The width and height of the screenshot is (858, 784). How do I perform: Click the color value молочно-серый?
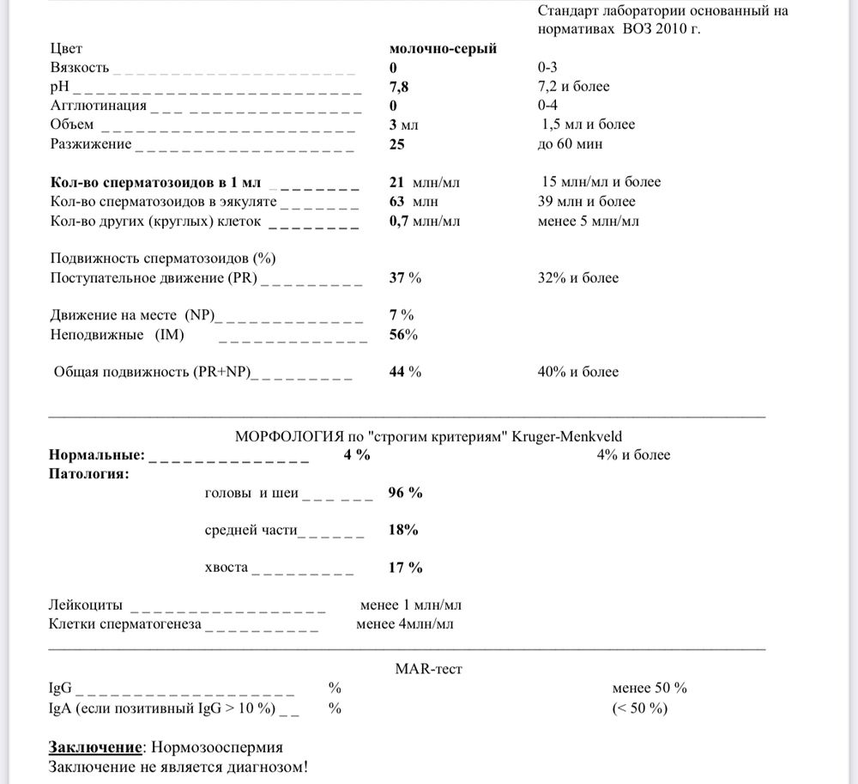point(443,49)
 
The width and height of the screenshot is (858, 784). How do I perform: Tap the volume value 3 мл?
point(404,125)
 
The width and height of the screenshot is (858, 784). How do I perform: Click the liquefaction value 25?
point(396,144)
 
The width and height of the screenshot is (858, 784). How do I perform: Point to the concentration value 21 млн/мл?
point(425,182)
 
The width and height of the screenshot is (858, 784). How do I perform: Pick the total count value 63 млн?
point(414,202)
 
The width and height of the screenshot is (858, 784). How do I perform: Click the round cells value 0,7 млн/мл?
point(425,222)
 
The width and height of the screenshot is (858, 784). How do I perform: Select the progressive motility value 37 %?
point(405,278)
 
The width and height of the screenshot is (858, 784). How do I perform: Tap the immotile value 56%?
point(403,335)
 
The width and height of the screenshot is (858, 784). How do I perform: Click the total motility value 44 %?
point(405,373)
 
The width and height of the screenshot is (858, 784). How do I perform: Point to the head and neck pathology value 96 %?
point(405,493)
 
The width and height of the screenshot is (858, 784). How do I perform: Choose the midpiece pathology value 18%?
point(403,530)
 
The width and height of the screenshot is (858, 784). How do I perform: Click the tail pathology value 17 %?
point(405,568)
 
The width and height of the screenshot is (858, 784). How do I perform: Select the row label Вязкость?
point(80,68)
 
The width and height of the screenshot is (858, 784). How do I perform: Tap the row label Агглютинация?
point(99,106)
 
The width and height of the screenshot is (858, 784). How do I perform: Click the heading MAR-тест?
point(429,669)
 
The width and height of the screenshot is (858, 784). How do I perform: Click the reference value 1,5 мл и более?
point(589,125)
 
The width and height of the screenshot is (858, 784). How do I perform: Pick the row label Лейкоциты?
point(86,605)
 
